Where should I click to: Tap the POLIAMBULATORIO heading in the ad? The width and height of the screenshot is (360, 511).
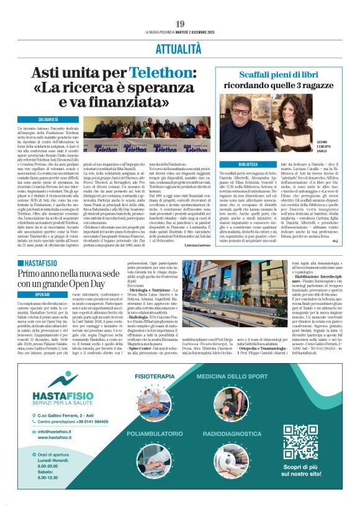(x=153, y=432)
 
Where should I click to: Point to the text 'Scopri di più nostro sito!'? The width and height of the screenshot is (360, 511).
(x=300, y=471)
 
